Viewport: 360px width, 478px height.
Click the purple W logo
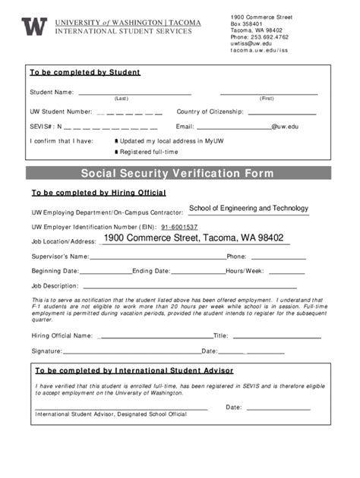[x=34, y=27]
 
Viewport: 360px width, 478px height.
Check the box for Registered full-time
[x=116, y=153]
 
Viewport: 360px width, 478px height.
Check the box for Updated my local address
[x=116, y=141]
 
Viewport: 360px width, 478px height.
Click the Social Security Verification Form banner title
[x=177, y=174]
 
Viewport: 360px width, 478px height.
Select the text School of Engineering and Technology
[x=248, y=208]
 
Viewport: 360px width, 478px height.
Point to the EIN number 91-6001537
[x=179, y=227]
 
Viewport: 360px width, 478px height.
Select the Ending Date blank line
[x=197, y=270]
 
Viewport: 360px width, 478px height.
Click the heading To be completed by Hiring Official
[x=98, y=193]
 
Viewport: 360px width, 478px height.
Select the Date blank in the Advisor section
[x=276, y=407]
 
